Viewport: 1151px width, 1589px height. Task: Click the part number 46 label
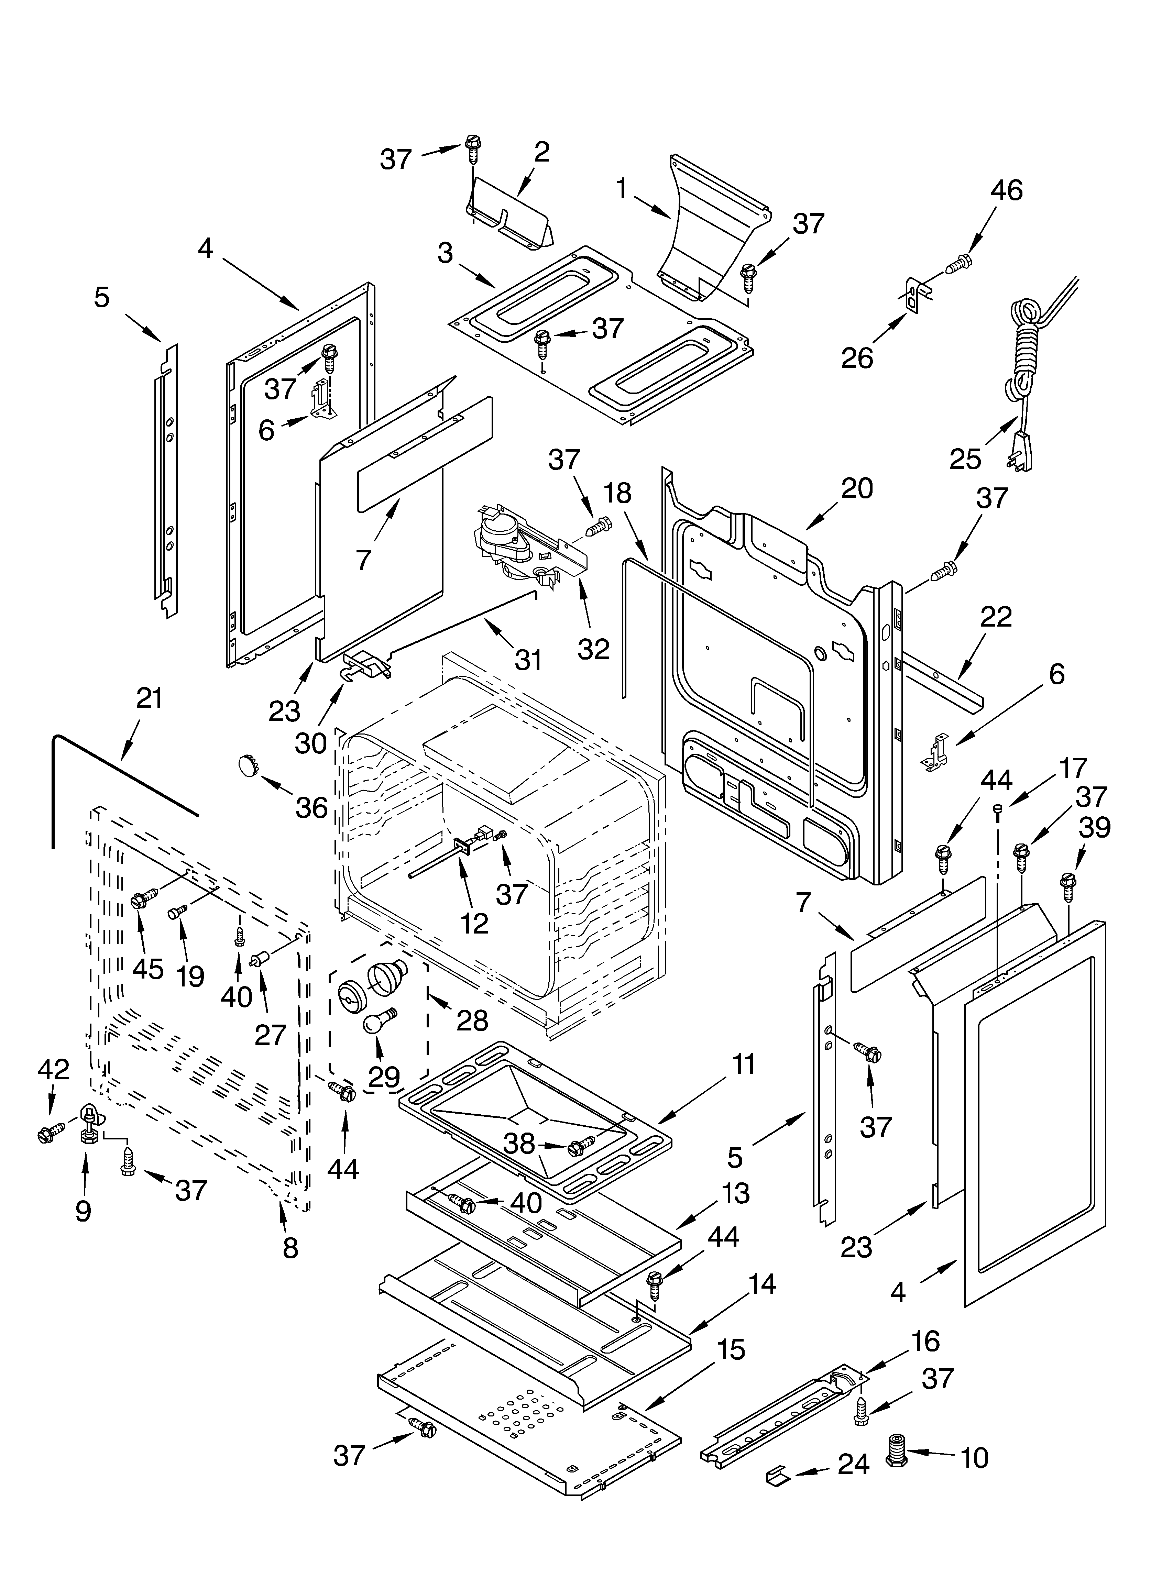[x=1007, y=190]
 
